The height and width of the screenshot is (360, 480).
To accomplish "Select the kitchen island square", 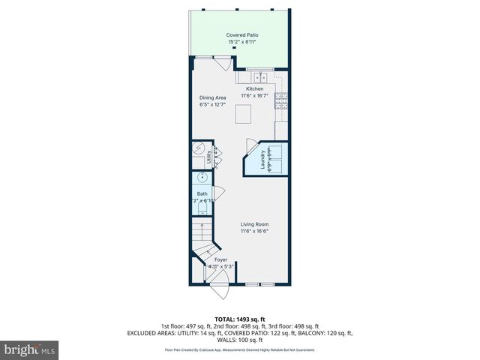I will [243, 114].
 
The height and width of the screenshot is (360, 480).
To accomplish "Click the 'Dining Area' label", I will [212, 97].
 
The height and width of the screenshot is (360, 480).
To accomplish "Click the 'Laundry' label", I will [263, 163].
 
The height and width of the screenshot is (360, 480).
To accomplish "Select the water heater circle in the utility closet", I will [199, 148].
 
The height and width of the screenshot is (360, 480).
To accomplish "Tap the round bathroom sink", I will [200, 178].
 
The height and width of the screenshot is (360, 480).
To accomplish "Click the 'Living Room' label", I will [254, 224].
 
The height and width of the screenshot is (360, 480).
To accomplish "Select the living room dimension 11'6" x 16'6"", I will [254, 231].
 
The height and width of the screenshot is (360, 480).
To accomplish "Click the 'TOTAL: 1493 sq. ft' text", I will [240, 319].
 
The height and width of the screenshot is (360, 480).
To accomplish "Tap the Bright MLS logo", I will [30, 349].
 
